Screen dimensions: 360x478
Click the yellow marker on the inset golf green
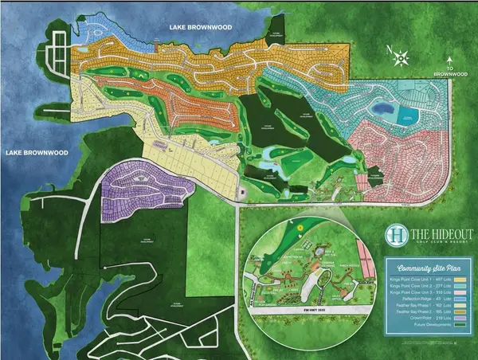pos(300,227)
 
